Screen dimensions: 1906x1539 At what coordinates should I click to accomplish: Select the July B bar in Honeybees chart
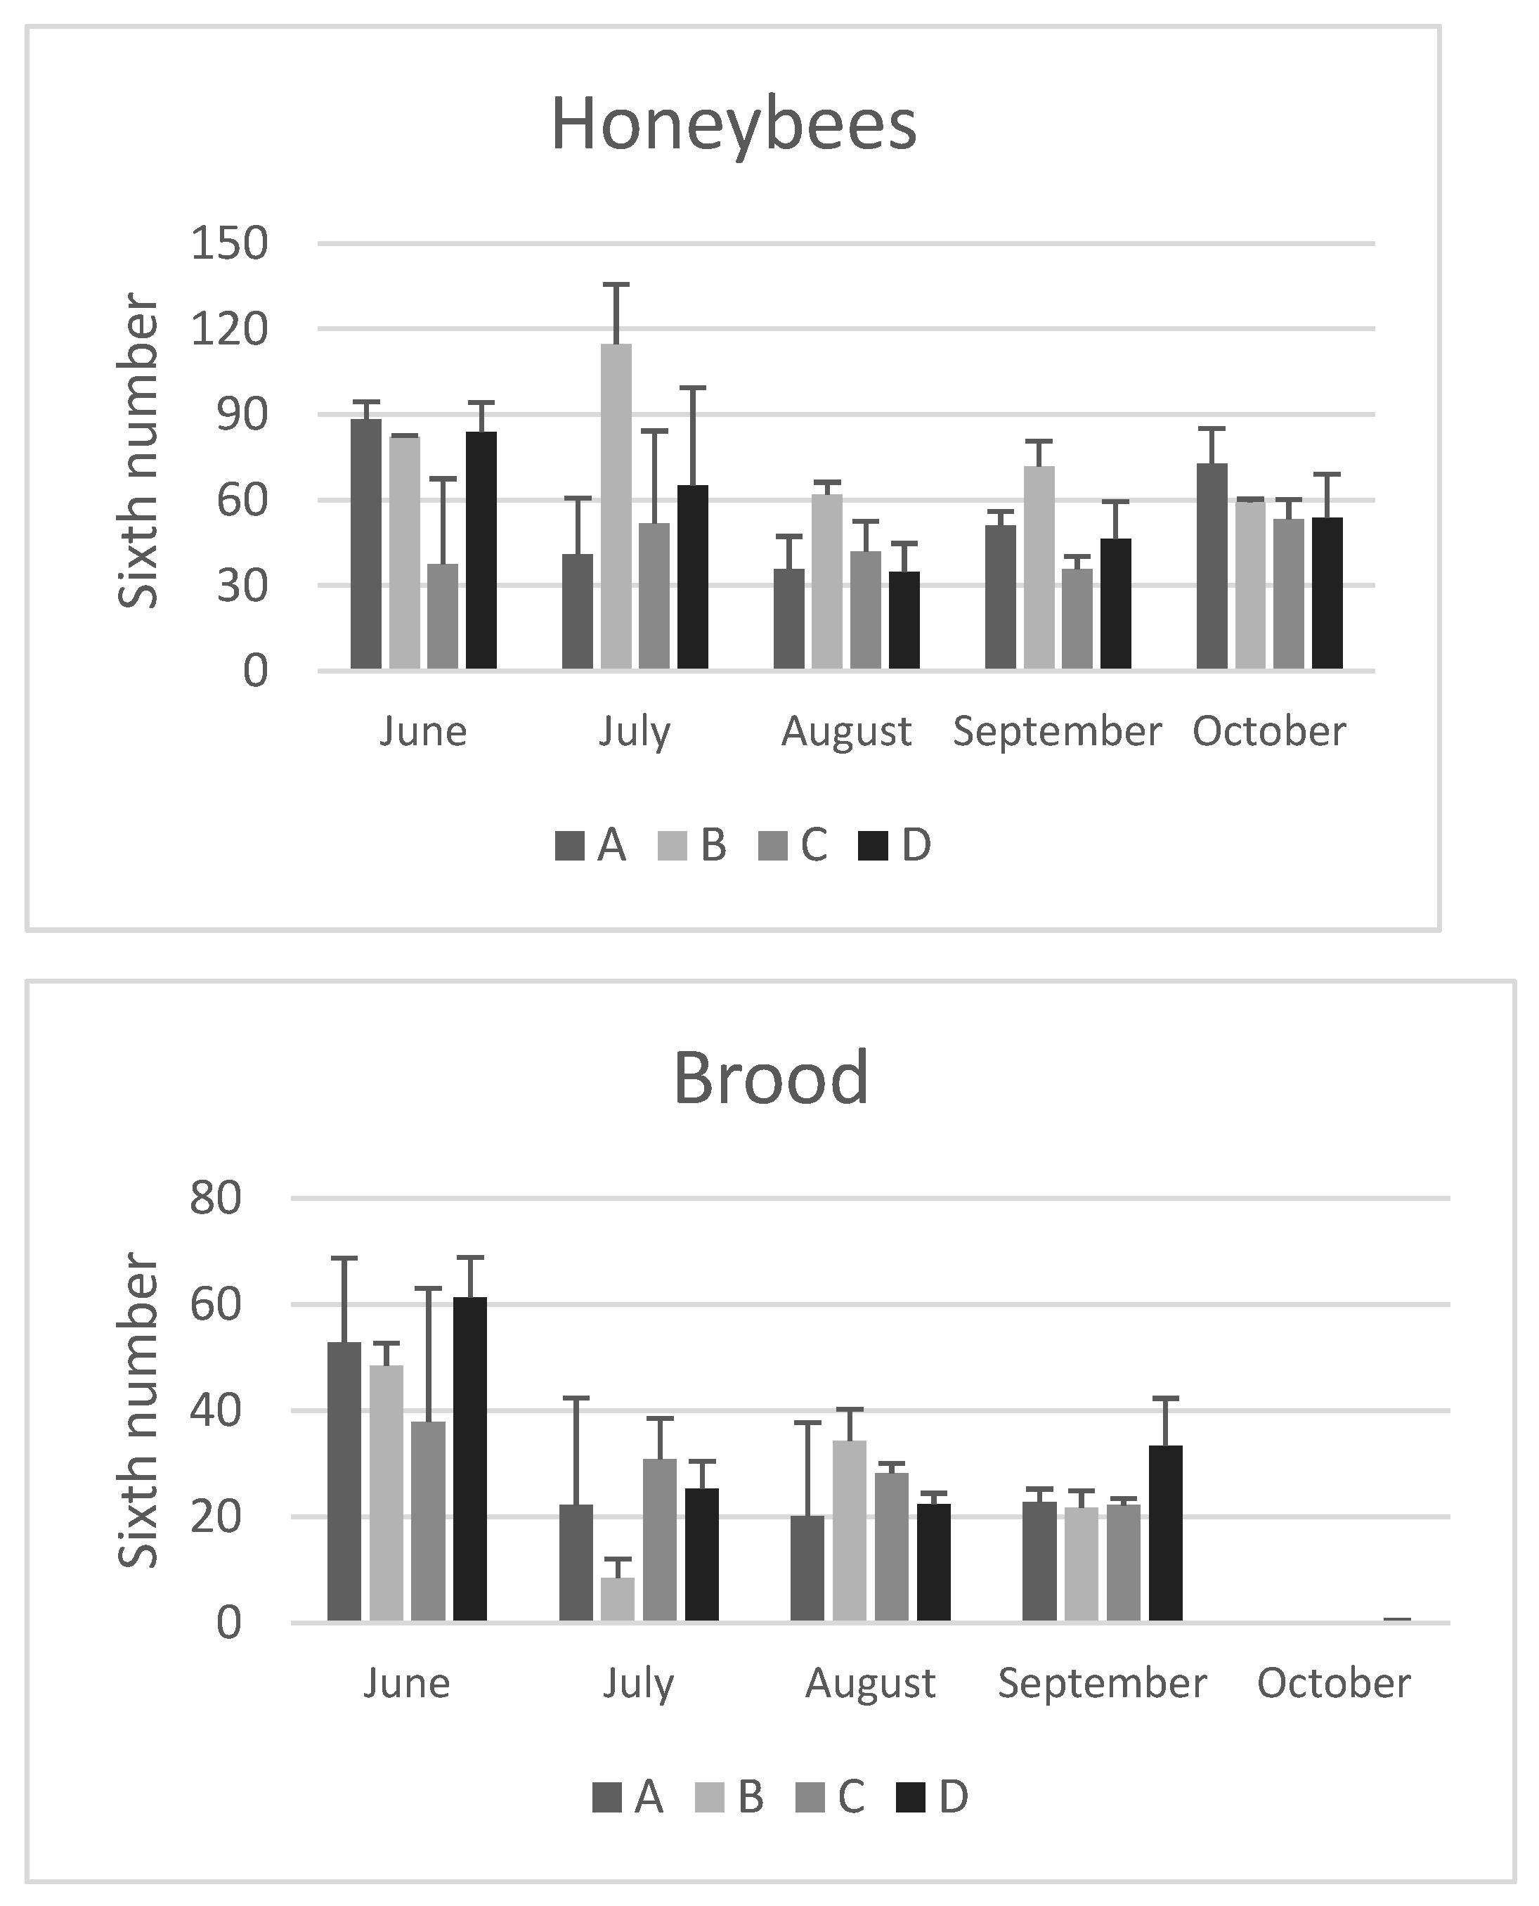click(x=616, y=506)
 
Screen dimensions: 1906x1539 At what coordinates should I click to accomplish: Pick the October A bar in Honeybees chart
click(x=1212, y=566)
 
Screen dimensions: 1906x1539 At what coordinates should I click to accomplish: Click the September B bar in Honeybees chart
click(x=1039, y=567)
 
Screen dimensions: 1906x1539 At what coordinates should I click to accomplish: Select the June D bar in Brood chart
click(x=470, y=1459)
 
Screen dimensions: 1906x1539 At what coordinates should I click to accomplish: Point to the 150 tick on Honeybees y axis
click(x=228, y=244)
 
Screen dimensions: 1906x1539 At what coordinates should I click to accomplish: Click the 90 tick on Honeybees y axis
click(x=241, y=415)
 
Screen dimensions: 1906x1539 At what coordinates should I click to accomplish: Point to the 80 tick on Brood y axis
click(x=216, y=1198)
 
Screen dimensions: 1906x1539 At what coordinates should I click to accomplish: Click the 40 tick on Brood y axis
click(x=216, y=1411)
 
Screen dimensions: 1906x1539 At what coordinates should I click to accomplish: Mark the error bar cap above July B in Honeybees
click(x=616, y=285)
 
